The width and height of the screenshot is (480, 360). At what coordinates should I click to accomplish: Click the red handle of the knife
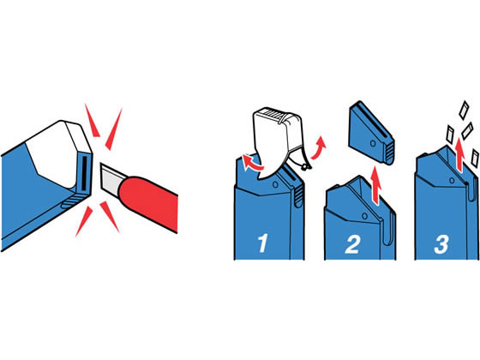click(148, 202)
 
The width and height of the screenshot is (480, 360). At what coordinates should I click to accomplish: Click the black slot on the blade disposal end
click(84, 174)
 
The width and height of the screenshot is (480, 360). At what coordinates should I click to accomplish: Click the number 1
click(262, 243)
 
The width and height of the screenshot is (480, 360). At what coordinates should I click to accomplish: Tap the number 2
click(352, 244)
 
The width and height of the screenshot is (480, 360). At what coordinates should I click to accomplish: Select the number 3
click(441, 244)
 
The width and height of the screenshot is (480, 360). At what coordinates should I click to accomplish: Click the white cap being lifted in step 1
click(279, 138)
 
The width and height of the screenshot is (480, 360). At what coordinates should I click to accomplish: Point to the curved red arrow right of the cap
click(318, 147)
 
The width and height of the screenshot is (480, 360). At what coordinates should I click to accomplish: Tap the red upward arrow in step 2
click(376, 184)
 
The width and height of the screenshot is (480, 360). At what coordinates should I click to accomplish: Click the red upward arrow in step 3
click(459, 154)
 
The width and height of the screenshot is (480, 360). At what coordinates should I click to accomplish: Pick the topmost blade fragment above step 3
click(464, 110)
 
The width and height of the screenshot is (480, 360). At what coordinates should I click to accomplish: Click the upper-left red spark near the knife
click(92, 120)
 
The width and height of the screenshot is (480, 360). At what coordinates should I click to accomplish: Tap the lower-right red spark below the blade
click(110, 216)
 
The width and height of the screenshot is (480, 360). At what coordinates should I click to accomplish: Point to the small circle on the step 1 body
click(275, 184)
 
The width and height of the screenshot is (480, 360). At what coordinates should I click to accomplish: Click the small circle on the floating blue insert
click(373, 143)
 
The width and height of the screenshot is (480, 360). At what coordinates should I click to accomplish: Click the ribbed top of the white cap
click(274, 114)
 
